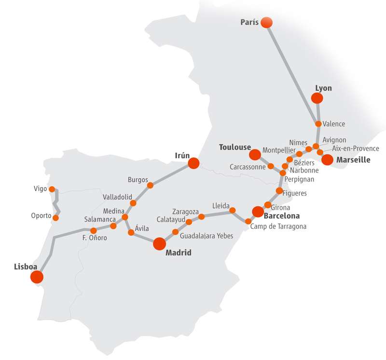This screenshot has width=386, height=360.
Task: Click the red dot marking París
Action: [x=266, y=22]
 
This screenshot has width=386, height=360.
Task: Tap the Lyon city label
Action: [x=323, y=88]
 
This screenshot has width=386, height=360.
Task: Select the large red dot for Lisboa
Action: [x=37, y=277]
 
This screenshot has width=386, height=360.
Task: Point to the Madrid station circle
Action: [x=159, y=244]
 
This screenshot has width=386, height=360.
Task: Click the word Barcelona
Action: [x=282, y=216]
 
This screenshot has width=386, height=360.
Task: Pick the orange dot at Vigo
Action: [x=53, y=189]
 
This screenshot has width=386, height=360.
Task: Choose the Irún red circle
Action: [x=193, y=163]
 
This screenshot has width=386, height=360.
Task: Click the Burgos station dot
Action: [x=150, y=185]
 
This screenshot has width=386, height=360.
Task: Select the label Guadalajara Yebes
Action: [x=206, y=236]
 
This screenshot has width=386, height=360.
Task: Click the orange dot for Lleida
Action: [x=232, y=210]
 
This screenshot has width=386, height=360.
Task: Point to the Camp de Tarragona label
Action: [x=278, y=226]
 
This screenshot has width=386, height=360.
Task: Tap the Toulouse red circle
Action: [x=254, y=155]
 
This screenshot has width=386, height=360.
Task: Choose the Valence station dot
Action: [x=318, y=124]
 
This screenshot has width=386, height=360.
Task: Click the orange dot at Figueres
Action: [x=279, y=191]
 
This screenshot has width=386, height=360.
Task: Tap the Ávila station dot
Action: [x=131, y=233]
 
